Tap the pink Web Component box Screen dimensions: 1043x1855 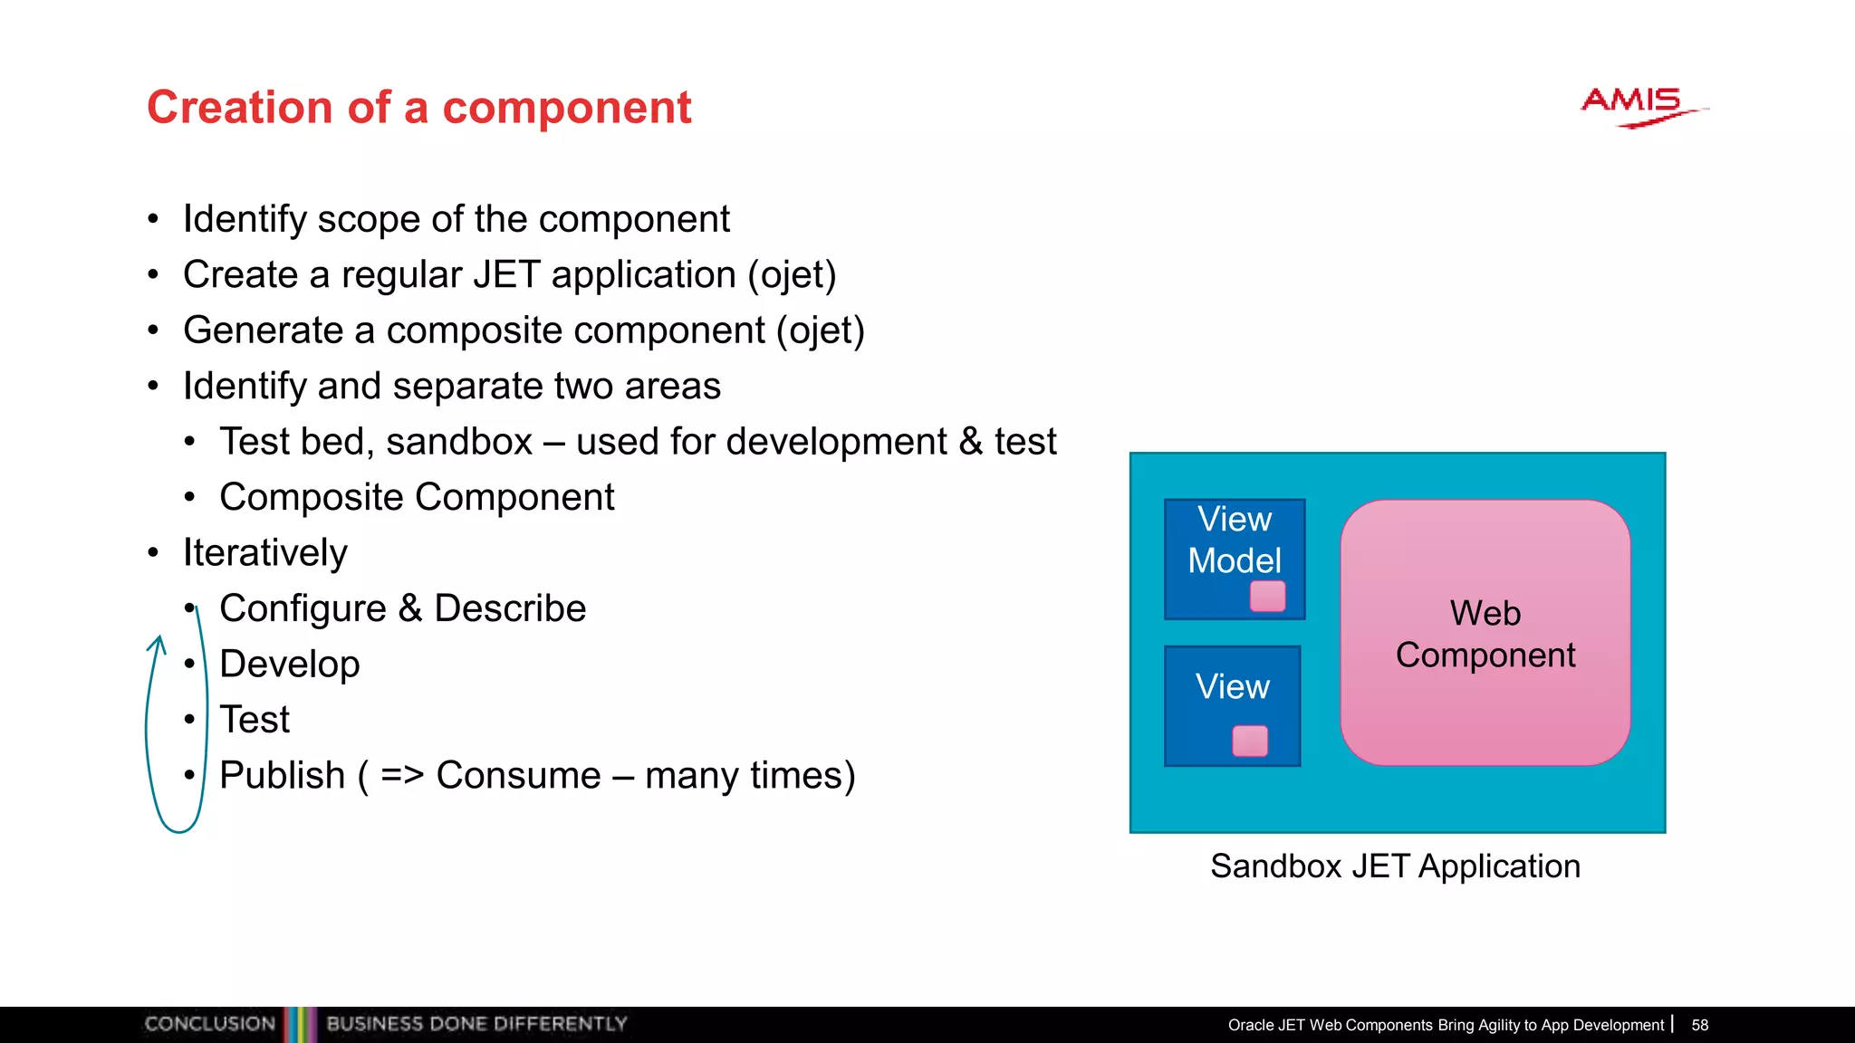(x=1485, y=633)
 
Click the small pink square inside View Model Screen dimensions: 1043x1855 (x=1267, y=597)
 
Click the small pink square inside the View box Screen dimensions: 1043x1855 (x=1250, y=741)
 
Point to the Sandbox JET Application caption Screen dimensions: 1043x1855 (x=1395, y=866)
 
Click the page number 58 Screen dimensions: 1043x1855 (x=1699, y=1025)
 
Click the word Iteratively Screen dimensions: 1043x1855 (x=264, y=553)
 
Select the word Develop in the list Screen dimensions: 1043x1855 (x=290, y=665)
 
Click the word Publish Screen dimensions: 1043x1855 (x=282, y=776)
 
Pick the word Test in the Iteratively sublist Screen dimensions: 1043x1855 (x=255, y=720)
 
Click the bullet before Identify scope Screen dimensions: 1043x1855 (x=153, y=219)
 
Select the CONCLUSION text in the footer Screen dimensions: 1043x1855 (x=209, y=1024)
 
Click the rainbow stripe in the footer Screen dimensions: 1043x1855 (x=300, y=1024)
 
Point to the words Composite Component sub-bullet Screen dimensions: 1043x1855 (x=417, y=497)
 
